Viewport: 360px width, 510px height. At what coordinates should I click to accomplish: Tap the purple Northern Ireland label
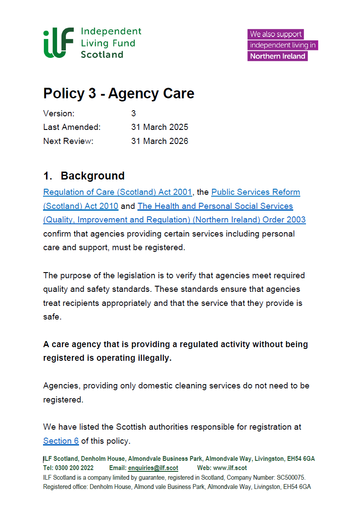point(277,56)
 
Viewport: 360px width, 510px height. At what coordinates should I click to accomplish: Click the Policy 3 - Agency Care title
point(119,93)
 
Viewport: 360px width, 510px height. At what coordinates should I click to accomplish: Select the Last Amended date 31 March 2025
point(159,127)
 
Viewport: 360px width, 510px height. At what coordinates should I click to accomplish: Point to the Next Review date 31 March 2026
point(159,141)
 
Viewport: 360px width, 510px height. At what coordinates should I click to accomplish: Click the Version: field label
point(59,114)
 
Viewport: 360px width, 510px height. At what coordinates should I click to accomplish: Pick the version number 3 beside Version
point(133,114)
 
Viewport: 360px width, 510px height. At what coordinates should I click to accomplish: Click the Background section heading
point(92,176)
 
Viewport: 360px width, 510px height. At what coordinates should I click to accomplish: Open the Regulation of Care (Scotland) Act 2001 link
point(118,192)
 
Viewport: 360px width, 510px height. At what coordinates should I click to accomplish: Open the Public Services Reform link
point(256,192)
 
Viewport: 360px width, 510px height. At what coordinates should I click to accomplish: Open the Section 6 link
point(61,441)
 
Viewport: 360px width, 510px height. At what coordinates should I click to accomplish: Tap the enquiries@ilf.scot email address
point(153,468)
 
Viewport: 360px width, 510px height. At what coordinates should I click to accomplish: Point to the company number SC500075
point(289,477)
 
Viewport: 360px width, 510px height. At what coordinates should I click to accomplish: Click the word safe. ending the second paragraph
point(52,316)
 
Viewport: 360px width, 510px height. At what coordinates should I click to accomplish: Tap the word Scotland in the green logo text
point(102,55)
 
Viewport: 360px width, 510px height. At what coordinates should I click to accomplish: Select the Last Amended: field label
point(72,127)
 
